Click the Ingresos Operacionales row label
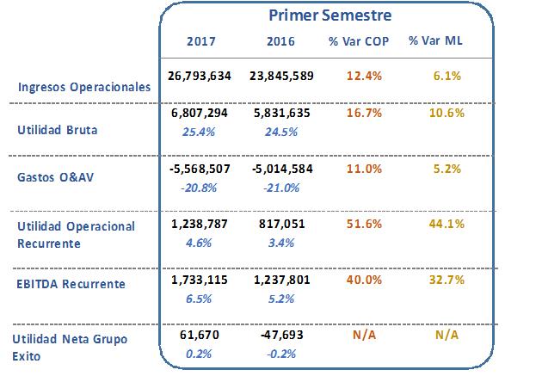(84, 87)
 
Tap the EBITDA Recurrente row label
(71, 283)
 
